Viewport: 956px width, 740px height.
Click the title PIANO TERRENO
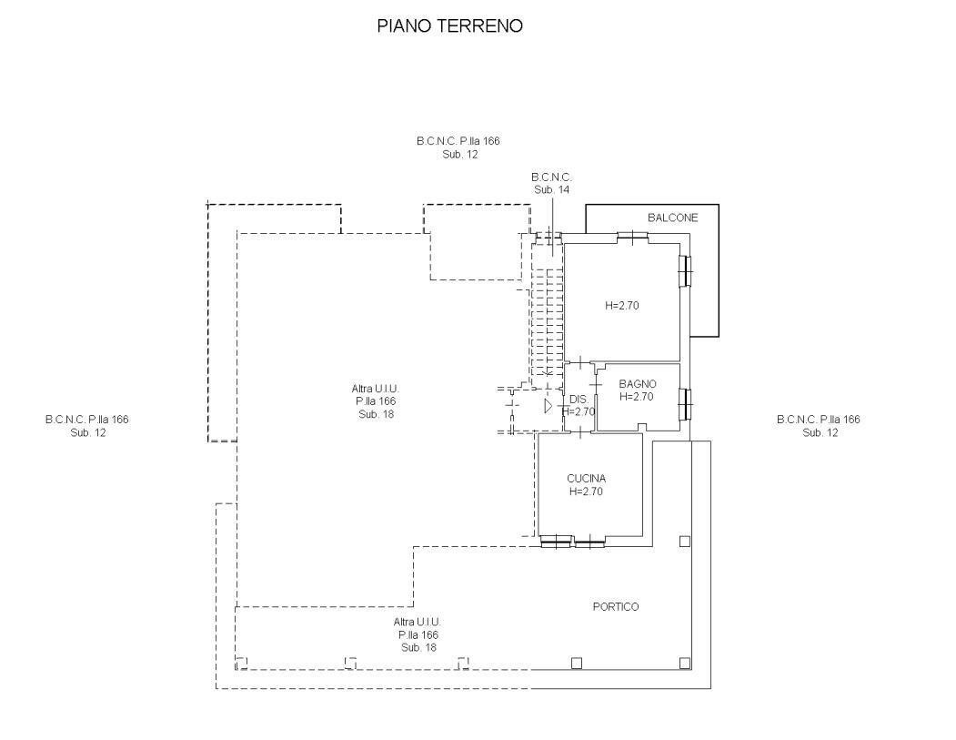pyautogui.click(x=449, y=27)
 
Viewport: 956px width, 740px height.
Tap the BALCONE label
pyautogui.click(x=672, y=218)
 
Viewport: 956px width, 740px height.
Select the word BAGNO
pyautogui.click(x=637, y=384)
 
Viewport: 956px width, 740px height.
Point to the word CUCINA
pyautogui.click(x=586, y=478)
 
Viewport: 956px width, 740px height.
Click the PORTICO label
pyautogui.click(x=616, y=607)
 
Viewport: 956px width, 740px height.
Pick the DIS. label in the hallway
pyautogui.click(x=578, y=400)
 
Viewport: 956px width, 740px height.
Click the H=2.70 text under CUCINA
pyautogui.click(x=586, y=492)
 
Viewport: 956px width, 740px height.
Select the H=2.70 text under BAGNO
pyautogui.click(x=637, y=397)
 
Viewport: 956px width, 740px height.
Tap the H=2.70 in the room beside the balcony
pyautogui.click(x=622, y=306)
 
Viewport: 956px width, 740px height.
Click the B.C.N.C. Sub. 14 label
pyautogui.click(x=551, y=182)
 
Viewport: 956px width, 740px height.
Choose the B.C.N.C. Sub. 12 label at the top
pyautogui.click(x=458, y=147)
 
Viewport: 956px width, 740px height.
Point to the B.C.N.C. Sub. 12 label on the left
pyautogui.click(x=87, y=426)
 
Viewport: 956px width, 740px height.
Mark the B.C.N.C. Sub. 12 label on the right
pyautogui.click(x=818, y=426)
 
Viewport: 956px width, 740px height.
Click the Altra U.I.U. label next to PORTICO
pyautogui.click(x=418, y=634)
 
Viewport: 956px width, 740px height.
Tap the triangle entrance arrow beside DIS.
pyautogui.click(x=548, y=406)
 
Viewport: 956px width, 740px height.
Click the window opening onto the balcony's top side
pyautogui.click(x=631, y=238)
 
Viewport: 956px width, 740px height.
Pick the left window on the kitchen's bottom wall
pyautogui.click(x=555, y=543)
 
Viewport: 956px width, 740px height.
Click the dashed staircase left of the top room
pyautogui.click(x=546, y=309)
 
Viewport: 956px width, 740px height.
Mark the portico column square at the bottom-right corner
pyautogui.click(x=683, y=663)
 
